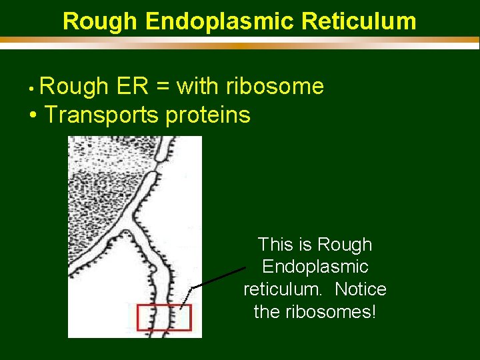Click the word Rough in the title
pyautogui.click(x=100, y=21)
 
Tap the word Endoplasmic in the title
pyautogui.click(x=219, y=21)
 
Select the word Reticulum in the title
pyautogui.click(x=359, y=21)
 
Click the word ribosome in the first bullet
pyautogui.click(x=275, y=87)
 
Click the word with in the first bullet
pyautogui.click(x=198, y=87)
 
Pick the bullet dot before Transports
pyautogui.click(x=33, y=116)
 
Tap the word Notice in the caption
pyautogui.click(x=361, y=289)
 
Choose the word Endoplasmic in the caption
pyautogui.click(x=315, y=267)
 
